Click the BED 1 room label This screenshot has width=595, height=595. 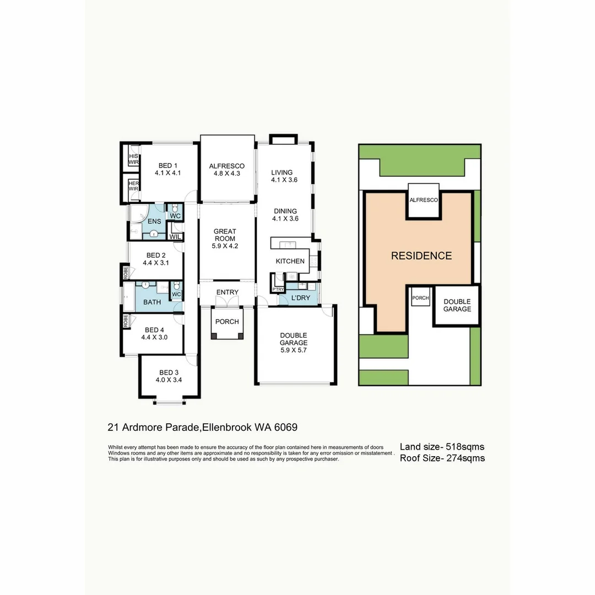(x=168, y=165)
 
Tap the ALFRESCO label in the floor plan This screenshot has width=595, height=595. (x=226, y=166)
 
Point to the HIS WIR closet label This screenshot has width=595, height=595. (x=133, y=159)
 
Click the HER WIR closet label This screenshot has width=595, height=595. (x=133, y=186)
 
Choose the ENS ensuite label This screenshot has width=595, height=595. (x=154, y=221)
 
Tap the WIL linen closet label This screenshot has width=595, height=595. (x=175, y=236)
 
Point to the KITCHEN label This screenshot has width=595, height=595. (x=290, y=261)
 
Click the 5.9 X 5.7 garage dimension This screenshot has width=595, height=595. (x=293, y=350)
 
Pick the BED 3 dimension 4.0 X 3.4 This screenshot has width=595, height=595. (x=169, y=380)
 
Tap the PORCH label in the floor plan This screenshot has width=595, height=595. (x=227, y=322)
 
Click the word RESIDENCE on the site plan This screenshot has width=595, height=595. (x=421, y=256)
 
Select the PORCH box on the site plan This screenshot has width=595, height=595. (x=421, y=298)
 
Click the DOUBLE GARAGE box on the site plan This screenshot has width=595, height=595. (x=457, y=305)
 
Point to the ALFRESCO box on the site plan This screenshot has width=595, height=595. (x=424, y=201)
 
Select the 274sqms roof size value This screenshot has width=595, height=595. (x=466, y=458)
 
